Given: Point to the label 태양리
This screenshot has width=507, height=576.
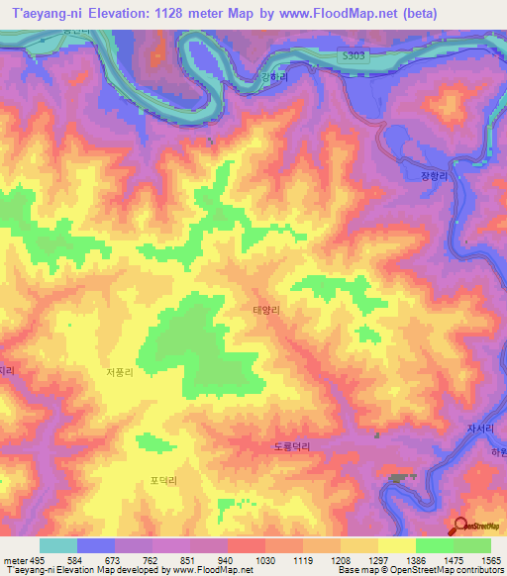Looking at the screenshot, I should click(x=266, y=310).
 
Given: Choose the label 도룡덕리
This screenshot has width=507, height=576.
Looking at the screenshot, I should click(x=292, y=446).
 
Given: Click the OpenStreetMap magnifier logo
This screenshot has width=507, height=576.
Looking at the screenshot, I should click(x=460, y=527).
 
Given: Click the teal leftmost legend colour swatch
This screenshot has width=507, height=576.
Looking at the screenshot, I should click(x=57, y=545).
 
